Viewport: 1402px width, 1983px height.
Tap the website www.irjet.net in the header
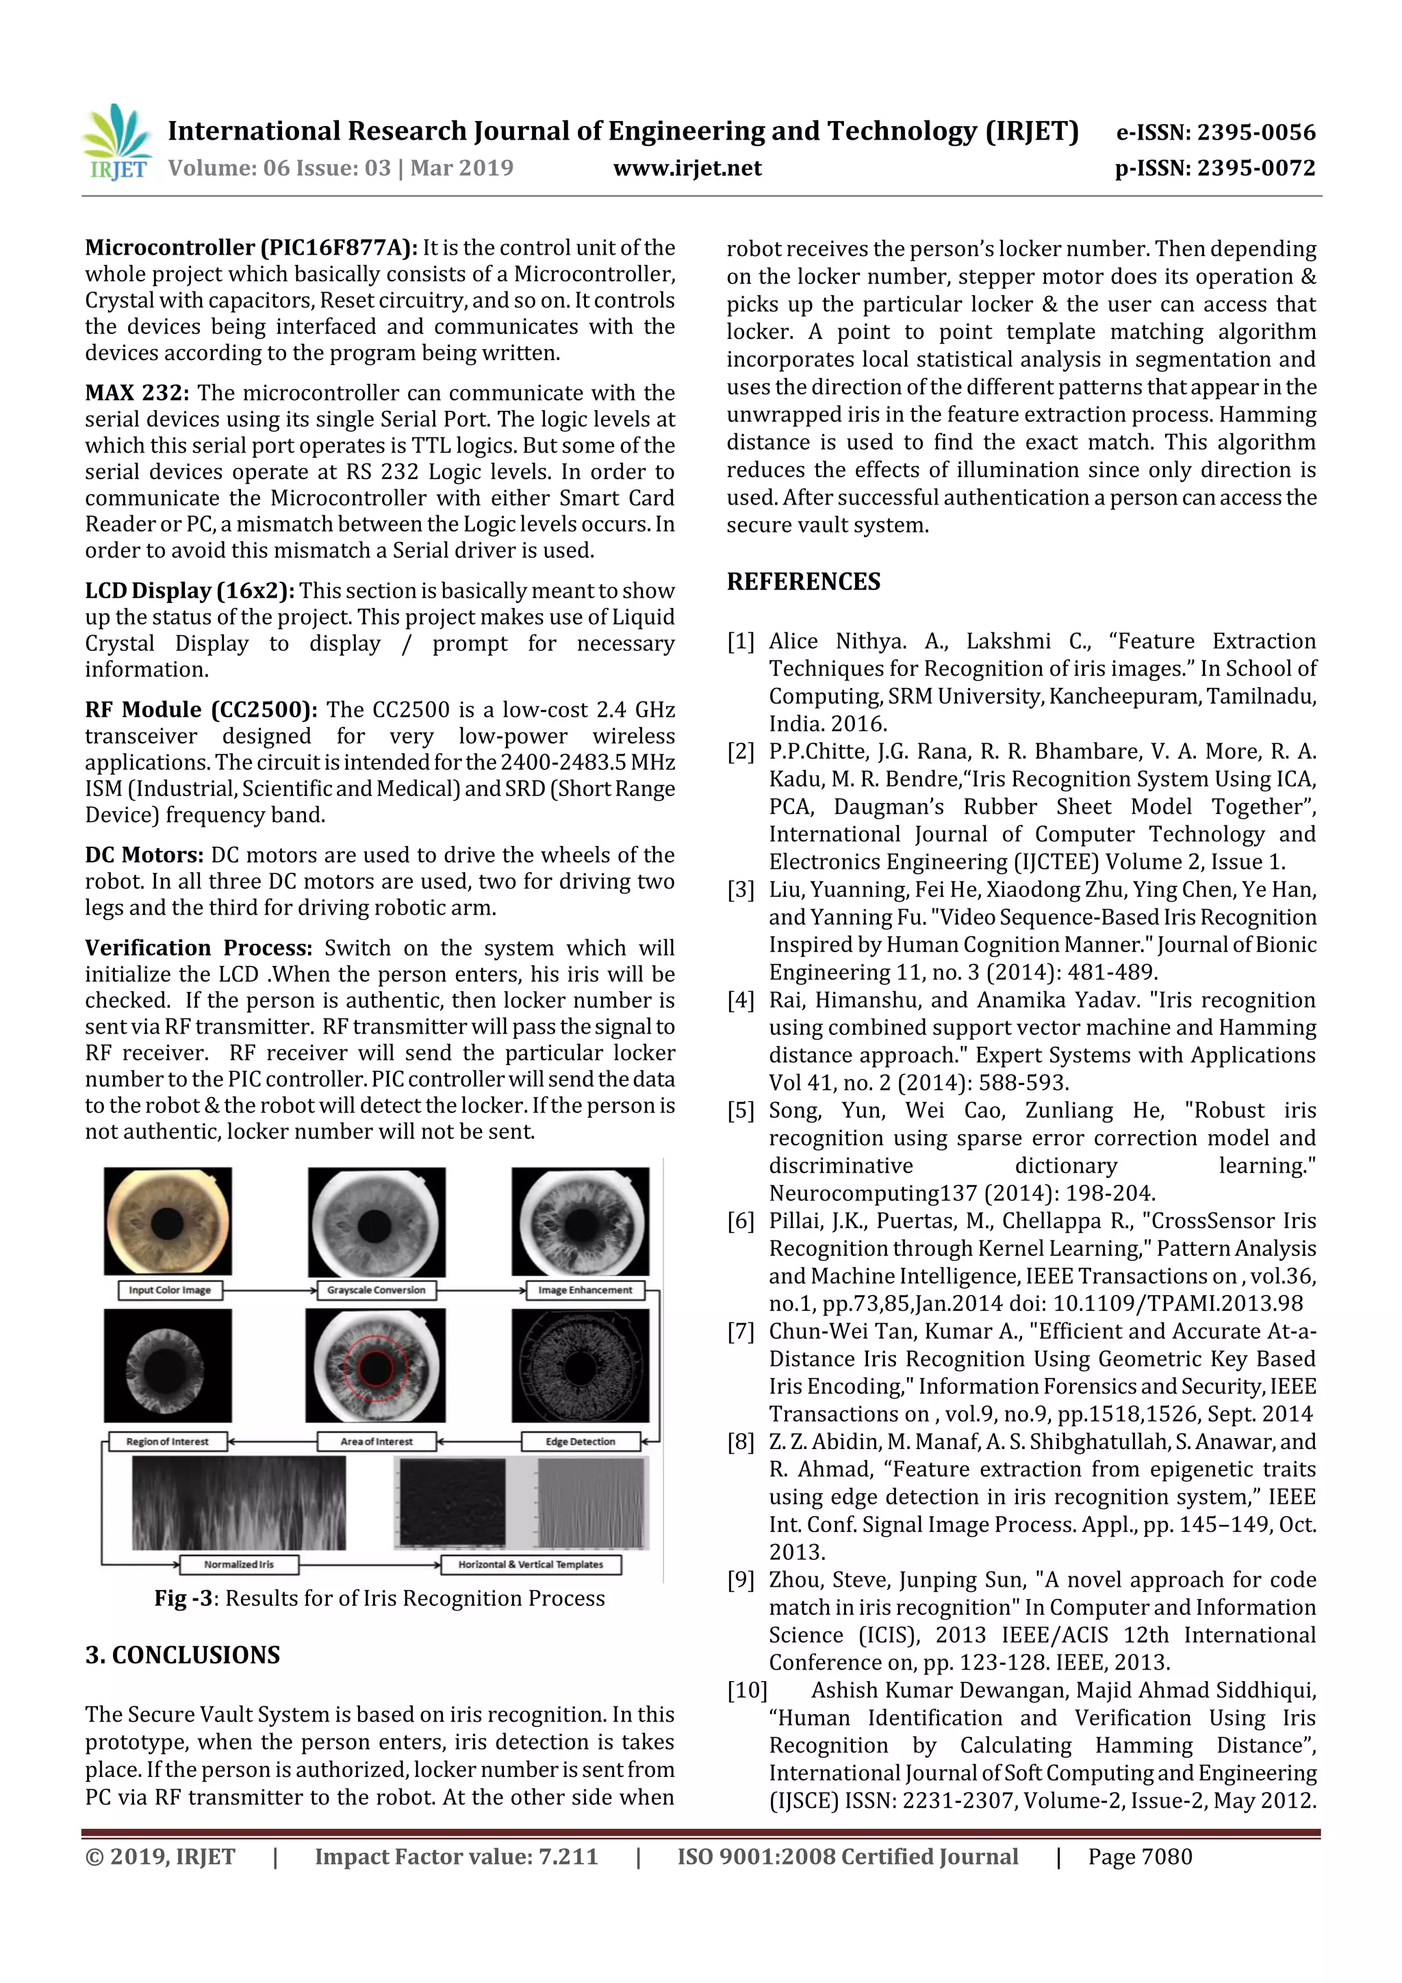click(x=687, y=168)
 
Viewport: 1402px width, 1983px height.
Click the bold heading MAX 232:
click(x=136, y=393)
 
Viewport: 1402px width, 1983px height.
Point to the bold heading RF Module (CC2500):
click(x=201, y=710)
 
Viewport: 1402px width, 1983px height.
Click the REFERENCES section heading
click(x=804, y=582)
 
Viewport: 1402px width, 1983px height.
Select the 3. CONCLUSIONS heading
click(x=182, y=1656)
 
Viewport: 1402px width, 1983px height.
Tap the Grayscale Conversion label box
click(x=376, y=1290)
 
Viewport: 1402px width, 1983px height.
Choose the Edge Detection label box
click(x=581, y=1442)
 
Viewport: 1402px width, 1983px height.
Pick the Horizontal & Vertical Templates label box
click(x=531, y=1564)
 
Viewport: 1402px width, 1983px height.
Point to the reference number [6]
click(x=740, y=1221)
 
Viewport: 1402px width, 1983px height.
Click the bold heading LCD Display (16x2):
click(x=189, y=591)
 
